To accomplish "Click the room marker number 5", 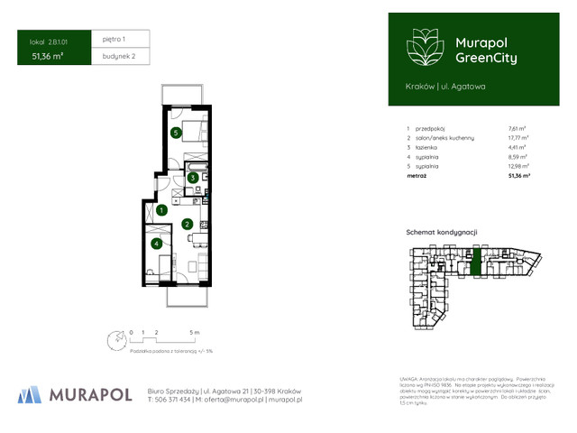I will pyautogui.click(x=177, y=133).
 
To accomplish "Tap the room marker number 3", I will pyautogui.click(x=193, y=178).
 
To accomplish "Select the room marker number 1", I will pyautogui.click(x=160, y=210).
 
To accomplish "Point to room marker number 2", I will pyautogui.click(x=187, y=224).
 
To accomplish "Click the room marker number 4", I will pyautogui.click(x=157, y=243).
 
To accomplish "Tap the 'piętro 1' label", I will pyautogui.click(x=114, y=40).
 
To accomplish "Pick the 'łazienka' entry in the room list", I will pyautogui.click(x=427, y=147).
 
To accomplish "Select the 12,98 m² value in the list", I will pyautogui.click(x=518, y=166).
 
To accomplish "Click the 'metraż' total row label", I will pyautogui.click(x=417, y=177).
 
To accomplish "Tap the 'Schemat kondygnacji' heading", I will pyautogui.click(x=441, y=232).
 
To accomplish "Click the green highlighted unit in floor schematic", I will pyautogui.click(x=476, y=263).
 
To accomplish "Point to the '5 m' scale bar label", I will pyautogui.click(x=195, y=333).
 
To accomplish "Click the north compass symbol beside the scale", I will pyautogui.click(x=115, y=340).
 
